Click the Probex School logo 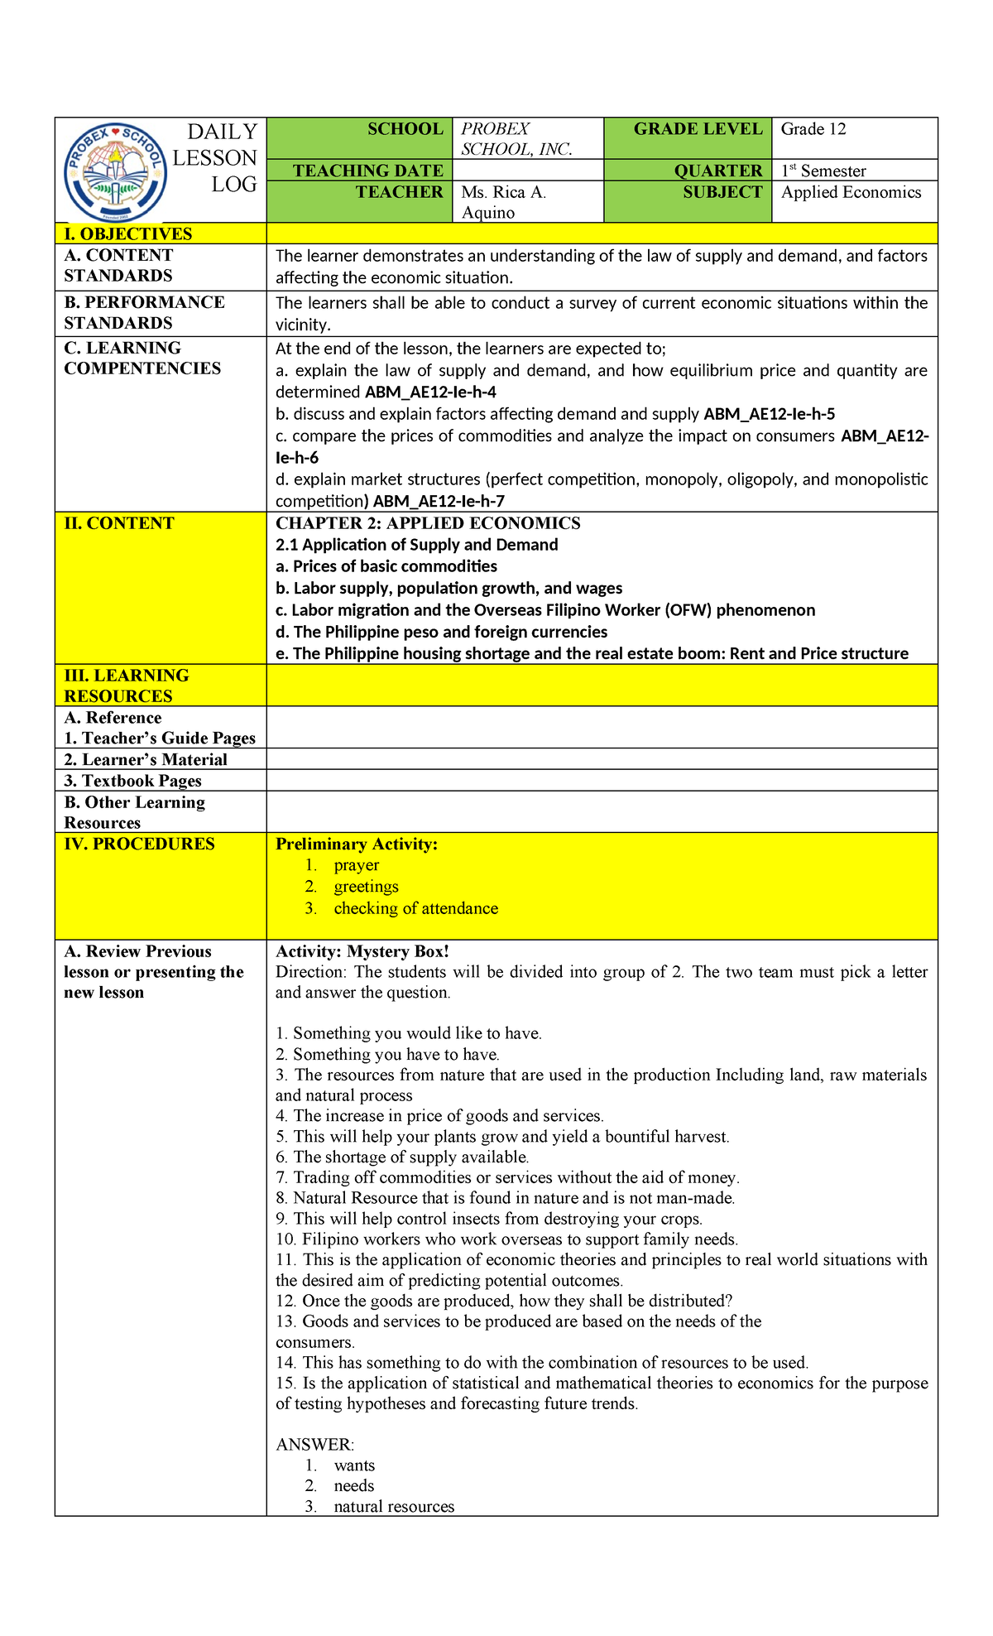point(115,172)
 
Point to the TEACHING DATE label point(367,171)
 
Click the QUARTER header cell point(717,171)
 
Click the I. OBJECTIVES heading point(127,234)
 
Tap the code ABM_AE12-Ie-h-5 point(769,414)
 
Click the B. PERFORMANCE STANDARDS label point(144,312)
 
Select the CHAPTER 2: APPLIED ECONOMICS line point(428,523)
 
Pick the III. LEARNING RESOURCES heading point(126,686)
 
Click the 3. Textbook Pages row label point(132,781)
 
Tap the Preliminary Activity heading point(356,844)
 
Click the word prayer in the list point(356,865)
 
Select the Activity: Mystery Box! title point(362,951)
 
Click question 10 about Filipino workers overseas point(506,1239)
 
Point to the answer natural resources point(394,1507)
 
